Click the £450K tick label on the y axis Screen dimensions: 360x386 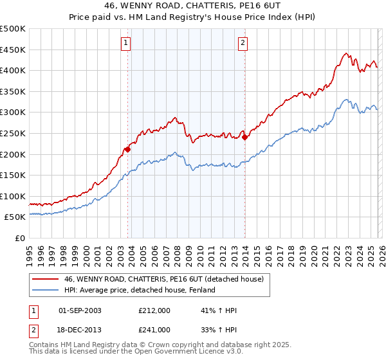pyautogui.click(x=13, y=50)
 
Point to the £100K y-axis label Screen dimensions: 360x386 pyautogui.click(x=13, y=196)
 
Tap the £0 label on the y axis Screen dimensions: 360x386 pyautogui.click(x=21, y=238)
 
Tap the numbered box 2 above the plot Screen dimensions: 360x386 pyautogui.click(x=243, y=43)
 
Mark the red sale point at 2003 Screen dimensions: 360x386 pyautogui.click(x=127, y=149)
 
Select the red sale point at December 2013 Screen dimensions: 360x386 pyautogui.click(x=244, y=137)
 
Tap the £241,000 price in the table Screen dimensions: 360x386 pyautogui.click(x=154, y=329)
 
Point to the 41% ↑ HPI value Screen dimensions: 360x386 pyautogui.click(x=219, y=310)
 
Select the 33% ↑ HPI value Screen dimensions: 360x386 pyautogui.click(x=219, y=329)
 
